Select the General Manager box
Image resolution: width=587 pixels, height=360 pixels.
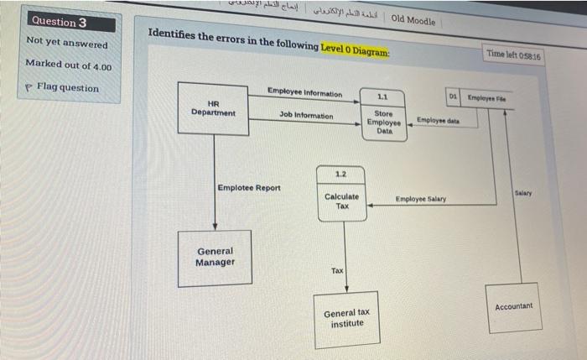(215, 258)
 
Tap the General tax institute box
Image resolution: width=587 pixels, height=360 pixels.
(346, 318)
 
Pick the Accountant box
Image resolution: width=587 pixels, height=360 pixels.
(513, 307)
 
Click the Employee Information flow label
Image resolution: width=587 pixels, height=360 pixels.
(304, 92)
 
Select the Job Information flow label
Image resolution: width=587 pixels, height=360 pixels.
(306, 115)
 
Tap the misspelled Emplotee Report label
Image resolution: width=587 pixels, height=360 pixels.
(249, 188)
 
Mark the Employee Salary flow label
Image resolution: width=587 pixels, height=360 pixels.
(420, 200)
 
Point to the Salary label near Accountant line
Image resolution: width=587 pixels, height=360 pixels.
(526, 193)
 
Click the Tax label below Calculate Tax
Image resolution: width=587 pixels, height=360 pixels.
(337, 270)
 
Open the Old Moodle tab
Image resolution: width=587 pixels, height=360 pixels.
(413, 20)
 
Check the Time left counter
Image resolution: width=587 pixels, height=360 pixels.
(514, 55)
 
